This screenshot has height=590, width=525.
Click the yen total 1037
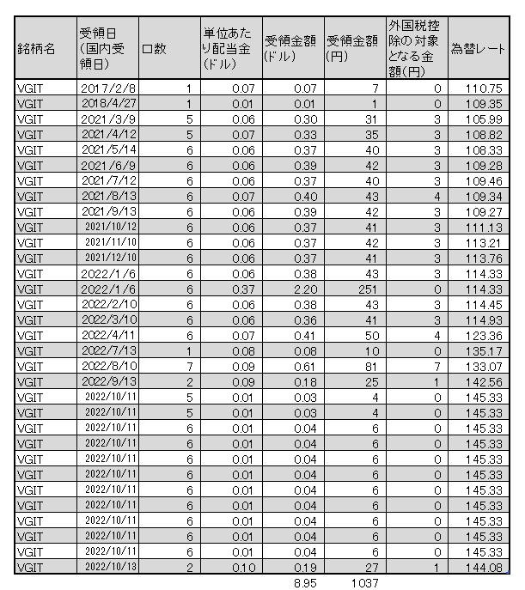(x=363, y=582)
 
